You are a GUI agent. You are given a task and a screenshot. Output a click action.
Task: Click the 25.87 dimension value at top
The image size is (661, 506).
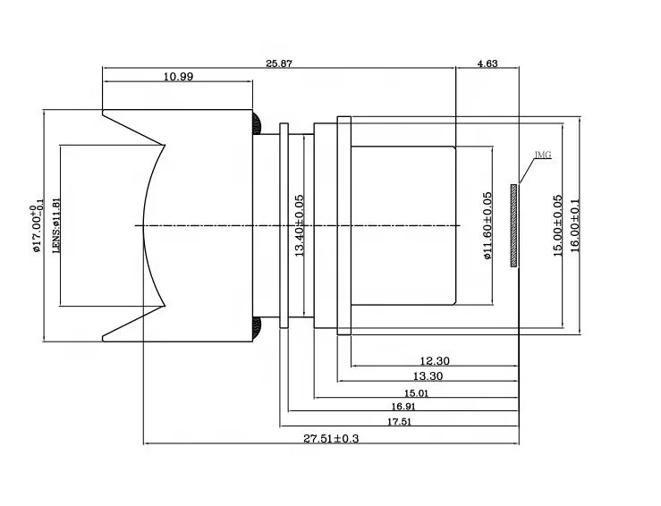[x=279, y=63]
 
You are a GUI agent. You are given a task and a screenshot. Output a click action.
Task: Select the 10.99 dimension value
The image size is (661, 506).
[x=178, y=77]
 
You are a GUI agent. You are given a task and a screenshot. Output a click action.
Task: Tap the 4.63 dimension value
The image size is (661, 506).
[x=487, y=63]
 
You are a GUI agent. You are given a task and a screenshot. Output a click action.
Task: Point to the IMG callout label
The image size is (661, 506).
[x=543, y=155]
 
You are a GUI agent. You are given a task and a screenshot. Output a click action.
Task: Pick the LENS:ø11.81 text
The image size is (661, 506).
[x=55, y=225]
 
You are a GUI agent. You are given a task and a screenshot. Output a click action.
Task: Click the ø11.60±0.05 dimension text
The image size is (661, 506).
[x=487, y=225]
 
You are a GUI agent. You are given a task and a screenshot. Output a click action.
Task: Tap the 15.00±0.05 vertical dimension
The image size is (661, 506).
[x=557, y=226]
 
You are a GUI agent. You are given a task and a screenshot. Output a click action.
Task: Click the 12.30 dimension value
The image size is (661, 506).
[x=434, y=361]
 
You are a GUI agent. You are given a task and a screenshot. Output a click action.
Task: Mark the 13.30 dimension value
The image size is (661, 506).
[x=427, y=376]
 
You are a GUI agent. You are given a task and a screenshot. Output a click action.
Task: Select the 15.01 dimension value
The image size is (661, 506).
[x=417, y=392]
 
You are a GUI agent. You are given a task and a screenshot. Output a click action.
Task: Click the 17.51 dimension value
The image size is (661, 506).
[x=399, y=422]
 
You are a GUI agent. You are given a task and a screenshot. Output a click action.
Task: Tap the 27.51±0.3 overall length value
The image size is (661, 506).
[x=332, y=438]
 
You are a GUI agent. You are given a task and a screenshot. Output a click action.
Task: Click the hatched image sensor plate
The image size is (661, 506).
[x=514, y=225]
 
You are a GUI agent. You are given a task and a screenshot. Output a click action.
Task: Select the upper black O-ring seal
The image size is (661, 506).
[x=256, y=120]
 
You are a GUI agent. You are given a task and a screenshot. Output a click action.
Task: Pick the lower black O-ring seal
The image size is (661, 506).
[x=256, y=330]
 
